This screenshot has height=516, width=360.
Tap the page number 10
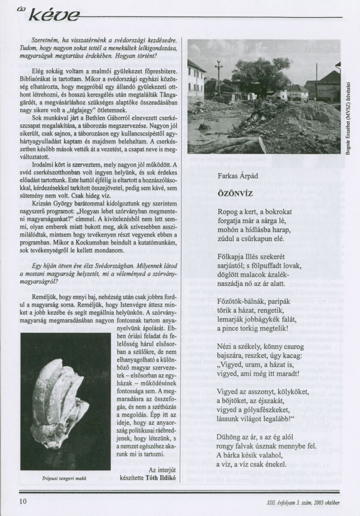(23, 501)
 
